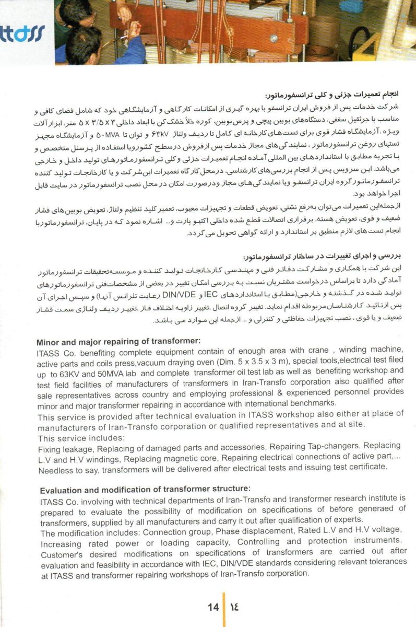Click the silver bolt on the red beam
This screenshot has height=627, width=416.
(x=274, y=38)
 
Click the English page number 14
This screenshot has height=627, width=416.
(x=213, y=607)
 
